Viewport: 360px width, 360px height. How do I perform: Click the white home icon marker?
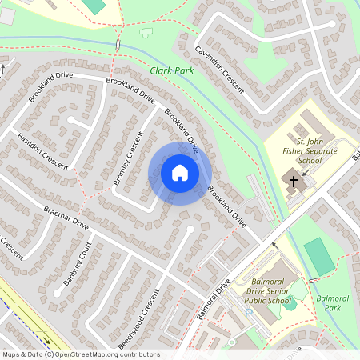pyautogui.click(x=180, y=172)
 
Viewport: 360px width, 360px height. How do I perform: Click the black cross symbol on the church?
pyautogui.click(x=293, y=181)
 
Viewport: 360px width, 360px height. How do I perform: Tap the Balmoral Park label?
pyautogui.click(x=333, y=302)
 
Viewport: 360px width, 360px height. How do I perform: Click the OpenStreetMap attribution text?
pyautogui.click(x=80, y=354)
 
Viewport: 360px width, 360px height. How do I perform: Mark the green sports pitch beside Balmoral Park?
pyautogui.click(x=319, y=255)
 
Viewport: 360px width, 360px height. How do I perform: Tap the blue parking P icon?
pyautogui.click(x=249, y=312)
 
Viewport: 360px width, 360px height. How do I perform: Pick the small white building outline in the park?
pyautogui.click(x=146, y=34)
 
